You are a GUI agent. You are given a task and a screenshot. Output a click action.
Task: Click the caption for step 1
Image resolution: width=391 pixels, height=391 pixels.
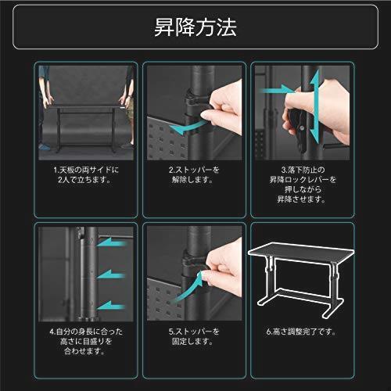[88, 174]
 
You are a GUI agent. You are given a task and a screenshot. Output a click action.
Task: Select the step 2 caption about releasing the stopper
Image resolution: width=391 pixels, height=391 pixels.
[195, 174]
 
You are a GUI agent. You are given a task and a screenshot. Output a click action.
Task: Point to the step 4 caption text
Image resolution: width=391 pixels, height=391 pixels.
[88, 341]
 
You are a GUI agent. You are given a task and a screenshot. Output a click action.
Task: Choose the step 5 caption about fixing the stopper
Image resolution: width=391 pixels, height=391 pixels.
[195, 336]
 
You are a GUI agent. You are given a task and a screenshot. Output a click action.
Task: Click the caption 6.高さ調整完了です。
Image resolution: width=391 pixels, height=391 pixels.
[303, 331]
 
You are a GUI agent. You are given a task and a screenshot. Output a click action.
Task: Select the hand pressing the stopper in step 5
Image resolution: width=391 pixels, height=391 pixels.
[223, 266]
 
